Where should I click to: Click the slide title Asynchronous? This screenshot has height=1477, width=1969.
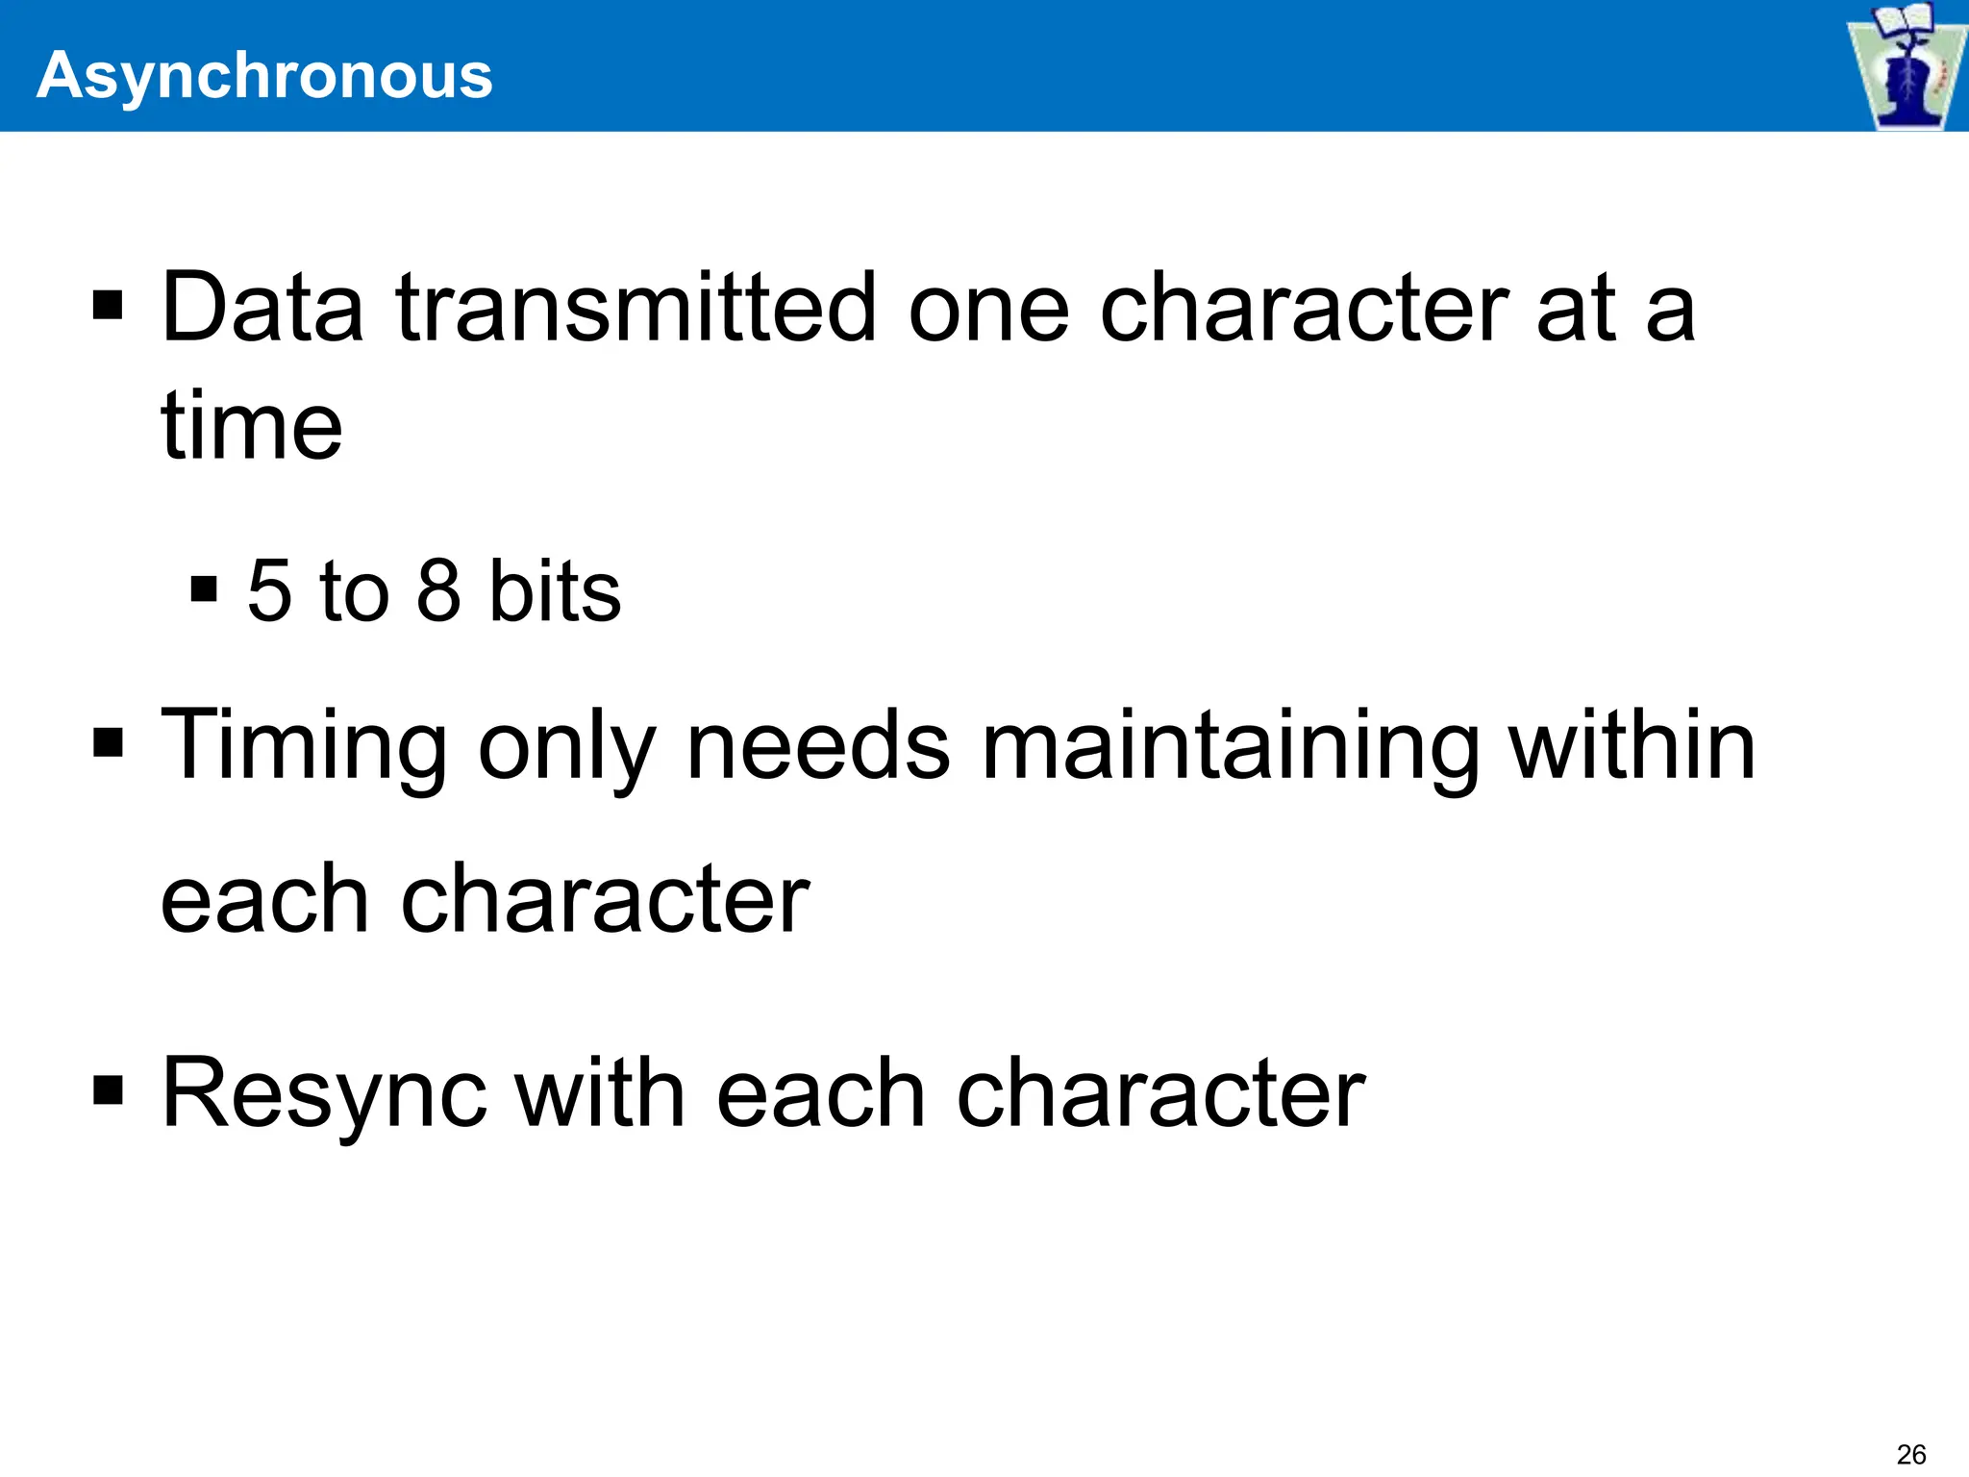point(264,75)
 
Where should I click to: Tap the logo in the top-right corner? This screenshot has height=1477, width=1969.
point(1904,65)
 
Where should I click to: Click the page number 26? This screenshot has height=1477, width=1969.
point(1911,1454)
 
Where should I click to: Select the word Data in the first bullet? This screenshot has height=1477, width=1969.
point(262,308)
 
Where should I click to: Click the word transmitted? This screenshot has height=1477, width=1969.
point(636,308)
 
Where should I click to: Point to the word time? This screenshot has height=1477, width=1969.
point(251,425)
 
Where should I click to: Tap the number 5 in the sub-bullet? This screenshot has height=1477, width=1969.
point(269,589)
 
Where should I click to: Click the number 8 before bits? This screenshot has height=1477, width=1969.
point(438,589)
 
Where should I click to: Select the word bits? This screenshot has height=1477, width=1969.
point(555,589)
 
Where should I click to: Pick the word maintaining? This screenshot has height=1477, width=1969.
point(1230,745)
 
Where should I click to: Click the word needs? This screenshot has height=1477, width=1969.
point(818,745)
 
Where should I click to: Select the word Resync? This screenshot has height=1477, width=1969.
point(323,1094)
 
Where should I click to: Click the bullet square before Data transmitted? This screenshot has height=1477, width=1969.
point(108,307)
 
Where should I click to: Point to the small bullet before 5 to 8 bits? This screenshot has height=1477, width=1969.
point(204,588)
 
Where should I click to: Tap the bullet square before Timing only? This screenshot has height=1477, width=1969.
point(108,742)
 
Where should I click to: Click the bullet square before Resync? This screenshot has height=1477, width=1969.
point(108,1090)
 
